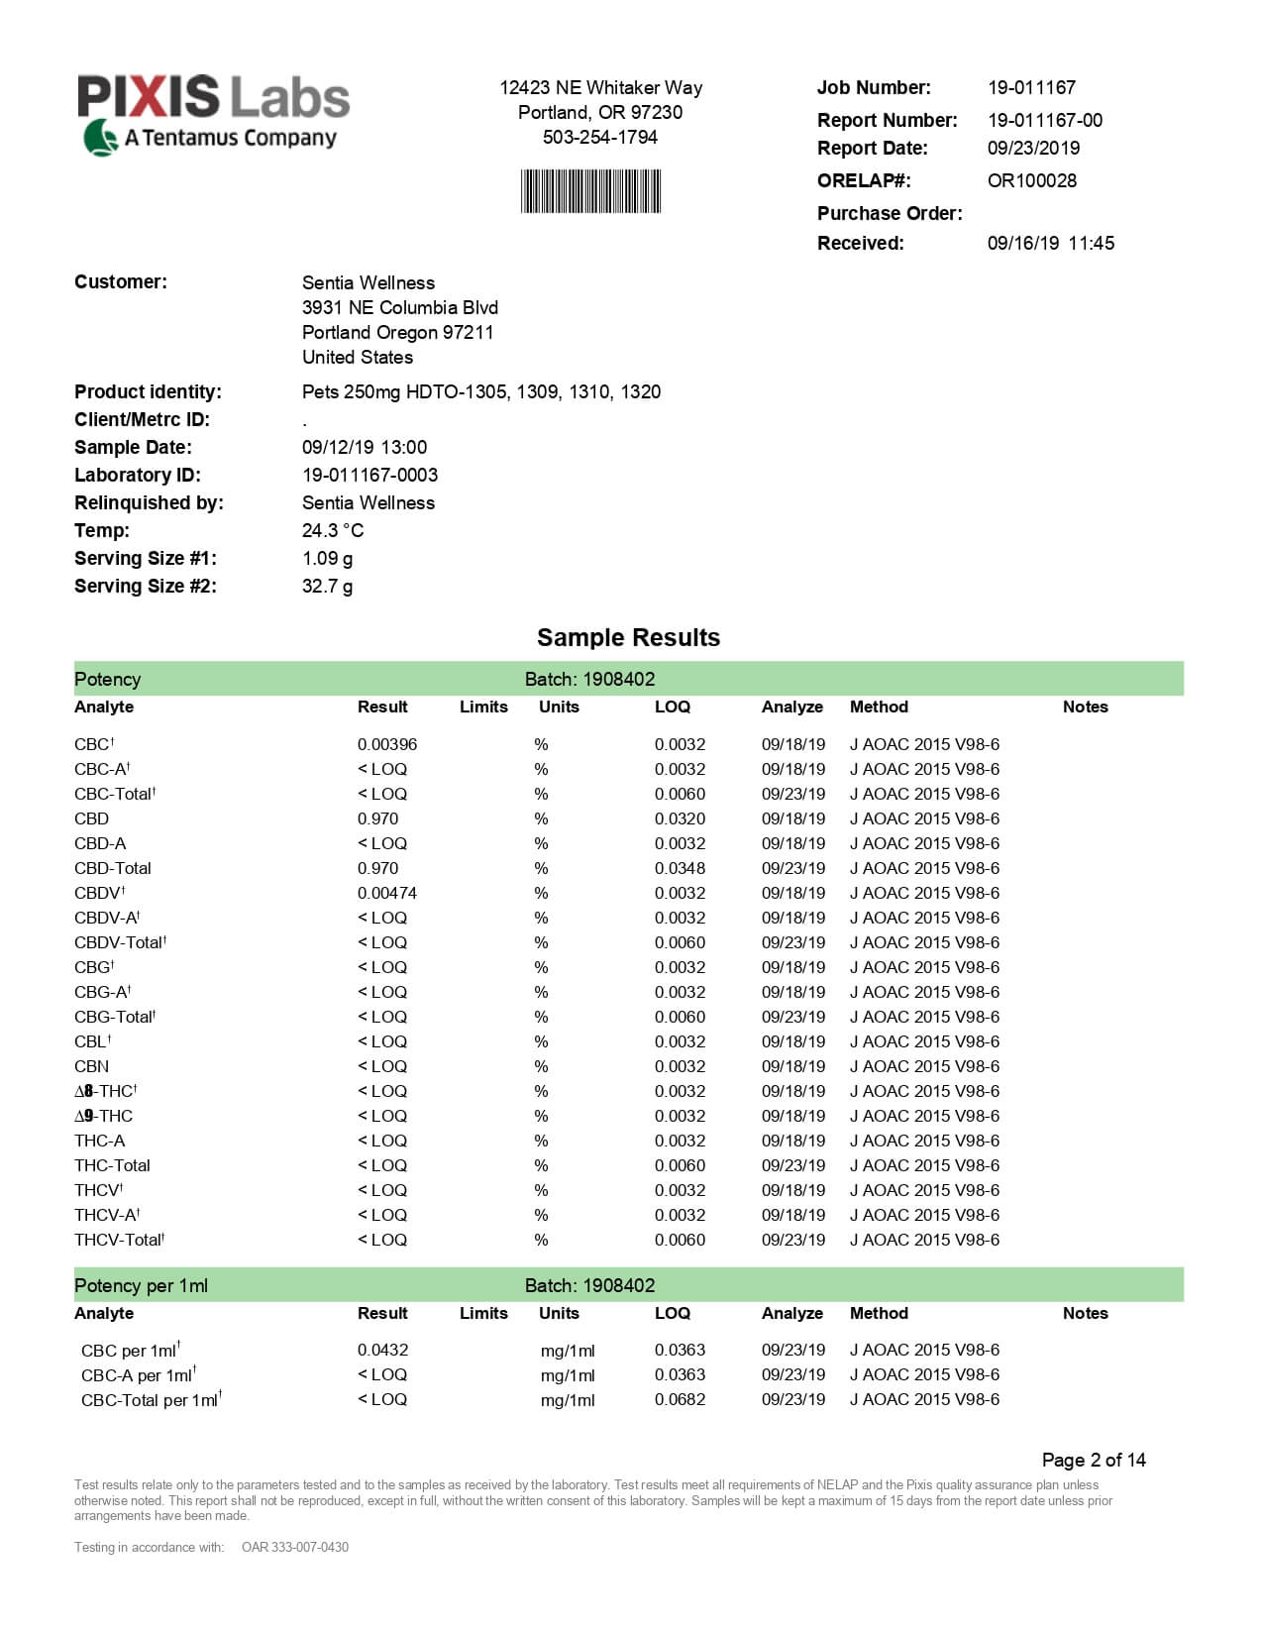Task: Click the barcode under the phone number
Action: click(590, 191)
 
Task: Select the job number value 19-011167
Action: click(1031, 87)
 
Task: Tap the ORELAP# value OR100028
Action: click(1031, 180)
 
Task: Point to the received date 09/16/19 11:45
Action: click(1050, 243)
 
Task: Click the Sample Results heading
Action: click(628, 637)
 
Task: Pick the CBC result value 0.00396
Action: click(387, 744)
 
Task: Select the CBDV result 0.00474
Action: click(387, 893)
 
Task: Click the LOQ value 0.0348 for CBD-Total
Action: click(680, 868)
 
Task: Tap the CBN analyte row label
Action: click(91, 1066)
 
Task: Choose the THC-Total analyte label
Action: click(112, 1165)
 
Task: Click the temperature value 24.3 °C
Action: click(333, 530)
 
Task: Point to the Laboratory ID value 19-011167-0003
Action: click(369, 475)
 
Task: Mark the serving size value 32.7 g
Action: click(327, 586)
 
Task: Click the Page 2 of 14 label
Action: click(1094, 1460)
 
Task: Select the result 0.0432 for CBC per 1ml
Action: click(382, 1350)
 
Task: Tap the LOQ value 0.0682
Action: click(680, 1399)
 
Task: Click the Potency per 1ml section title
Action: click(141, 1285)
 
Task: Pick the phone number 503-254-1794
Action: click(599, 137)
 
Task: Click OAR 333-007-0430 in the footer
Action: click(295, 1547)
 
